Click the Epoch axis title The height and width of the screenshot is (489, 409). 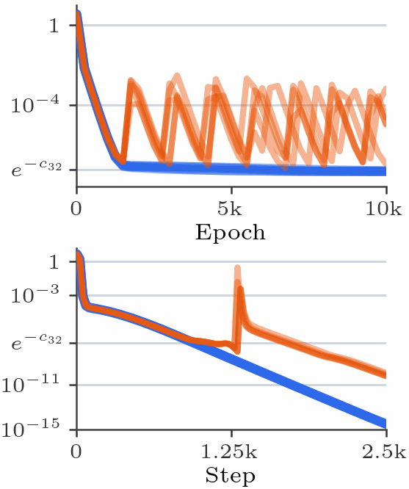click(x=231, y=233)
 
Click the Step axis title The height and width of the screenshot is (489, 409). click(x=231, y=475)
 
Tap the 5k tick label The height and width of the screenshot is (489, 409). click(x=230, y=209)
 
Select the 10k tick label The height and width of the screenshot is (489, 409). click(x=383, y=209)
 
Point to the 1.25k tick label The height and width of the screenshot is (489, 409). click(x=229, y=452)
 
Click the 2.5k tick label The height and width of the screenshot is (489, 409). click(x=384, y=452)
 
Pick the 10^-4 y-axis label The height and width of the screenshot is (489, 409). click(x=35, y=104)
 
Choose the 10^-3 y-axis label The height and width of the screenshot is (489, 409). click(x=35, y=294)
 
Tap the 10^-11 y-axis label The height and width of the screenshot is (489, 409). click(x=31, y=384)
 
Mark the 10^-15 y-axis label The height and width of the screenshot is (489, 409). click(x=31, y=429)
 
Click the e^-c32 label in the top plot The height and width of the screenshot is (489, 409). click(x=37, y=170)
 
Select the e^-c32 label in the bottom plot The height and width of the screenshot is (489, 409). click(x=37, y=342)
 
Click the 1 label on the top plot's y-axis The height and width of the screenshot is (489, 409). click(x=54, y=25)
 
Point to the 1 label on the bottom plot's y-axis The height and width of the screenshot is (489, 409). click(x=54, y=261)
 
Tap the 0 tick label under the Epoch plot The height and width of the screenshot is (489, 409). click(x=76, y=209)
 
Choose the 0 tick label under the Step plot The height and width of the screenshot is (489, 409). click(x=76, y=452)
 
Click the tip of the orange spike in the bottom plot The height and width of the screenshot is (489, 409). click(x=237, y=267)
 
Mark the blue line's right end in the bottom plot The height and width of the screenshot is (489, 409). click(x=386, y=424)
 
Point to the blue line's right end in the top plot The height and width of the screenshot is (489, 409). click(x=386, y=171)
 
